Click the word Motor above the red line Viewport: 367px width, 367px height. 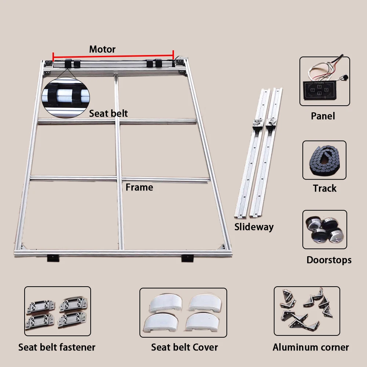[102, 49]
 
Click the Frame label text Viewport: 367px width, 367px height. [139, 187]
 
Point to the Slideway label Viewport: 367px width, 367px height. [254, 227]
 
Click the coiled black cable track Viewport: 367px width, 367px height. [324, 160]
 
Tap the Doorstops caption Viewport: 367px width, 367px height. [329, 260]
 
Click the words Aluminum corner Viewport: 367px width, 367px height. [310, 347]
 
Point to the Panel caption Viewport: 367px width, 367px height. [323, 116]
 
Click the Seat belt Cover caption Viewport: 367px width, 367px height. [184, 347]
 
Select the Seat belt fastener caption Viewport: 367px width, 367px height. [57, 347]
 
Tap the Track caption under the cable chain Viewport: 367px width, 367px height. [324, 188]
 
